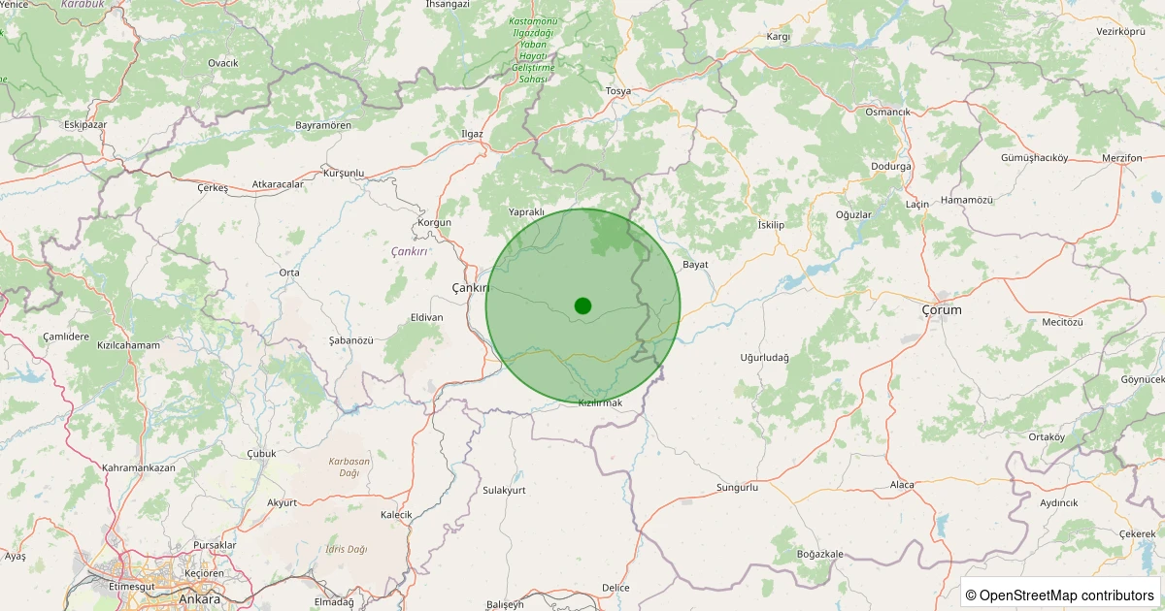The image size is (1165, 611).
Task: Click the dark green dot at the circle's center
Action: [x=582, y=305]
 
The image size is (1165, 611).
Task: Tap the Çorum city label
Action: [x=941, y=309]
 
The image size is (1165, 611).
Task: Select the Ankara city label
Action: [x=199, y=598]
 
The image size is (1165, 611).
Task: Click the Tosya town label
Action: [x=617, y=91]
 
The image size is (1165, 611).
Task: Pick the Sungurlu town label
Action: [x=736, y=487]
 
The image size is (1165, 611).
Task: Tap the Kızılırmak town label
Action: [x=599, y=402]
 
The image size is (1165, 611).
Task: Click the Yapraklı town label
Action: [x=527, y=211]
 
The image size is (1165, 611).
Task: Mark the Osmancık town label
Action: [x=887, y=112]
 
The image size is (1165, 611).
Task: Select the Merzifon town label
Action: [x=1121, y=157]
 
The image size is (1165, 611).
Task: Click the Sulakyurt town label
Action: [x=504, y=491]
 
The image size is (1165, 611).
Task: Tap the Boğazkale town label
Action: [x=819, y=554]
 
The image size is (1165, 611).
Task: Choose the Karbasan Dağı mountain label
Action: [x=349, y=466]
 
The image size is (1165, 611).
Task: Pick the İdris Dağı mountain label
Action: [x=347, y=549]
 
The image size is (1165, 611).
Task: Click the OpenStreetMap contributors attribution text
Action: [x=1059, y=595]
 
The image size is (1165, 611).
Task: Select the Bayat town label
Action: [x=695, y=264]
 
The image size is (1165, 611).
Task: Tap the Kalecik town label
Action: [x=396, y=514]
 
